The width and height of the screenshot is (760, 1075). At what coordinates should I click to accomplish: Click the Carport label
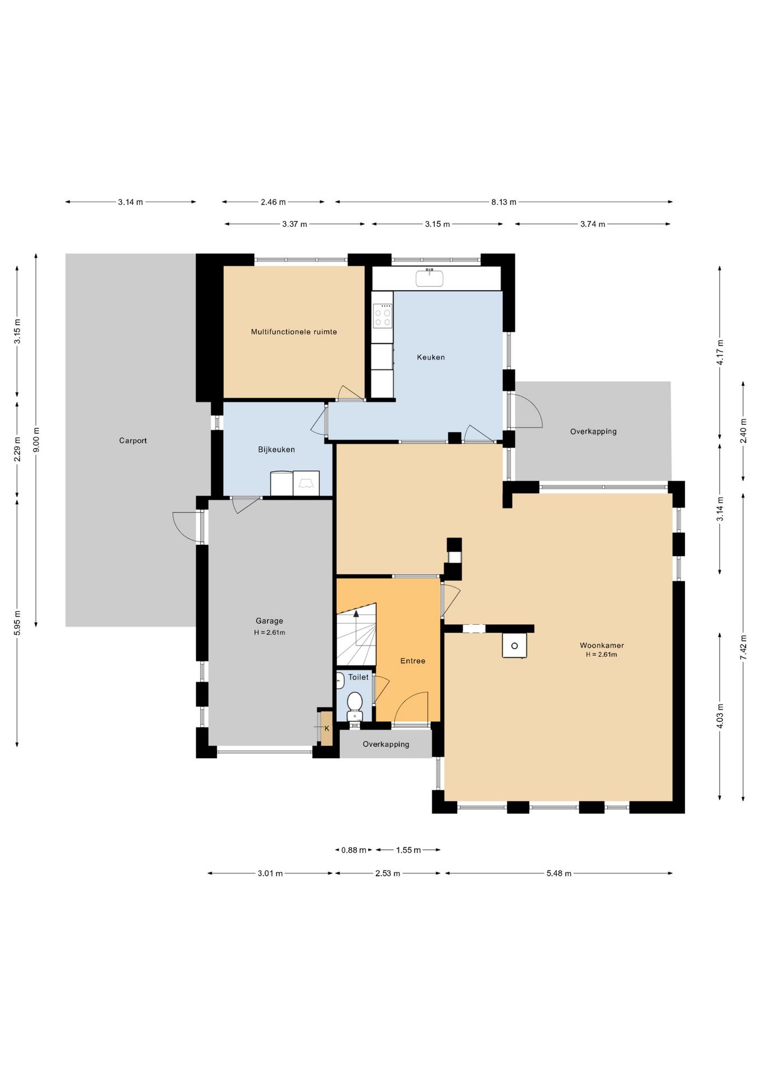click(133, 441)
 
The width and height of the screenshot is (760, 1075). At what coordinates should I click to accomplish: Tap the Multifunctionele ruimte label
click(294, 332)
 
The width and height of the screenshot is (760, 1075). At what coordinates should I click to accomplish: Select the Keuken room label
click(431, 357)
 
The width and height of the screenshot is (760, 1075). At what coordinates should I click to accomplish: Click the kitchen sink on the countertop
click(429, 278)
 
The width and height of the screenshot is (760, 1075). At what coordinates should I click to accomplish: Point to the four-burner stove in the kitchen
click(383, 316)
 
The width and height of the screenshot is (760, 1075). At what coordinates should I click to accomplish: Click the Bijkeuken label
click(276, 450)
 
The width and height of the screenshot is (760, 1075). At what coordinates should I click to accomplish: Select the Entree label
click(413, 661)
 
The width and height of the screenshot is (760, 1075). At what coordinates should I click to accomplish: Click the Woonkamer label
click(602, 646)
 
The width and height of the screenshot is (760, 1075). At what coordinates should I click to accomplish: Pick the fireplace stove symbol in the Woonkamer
click(514, 645)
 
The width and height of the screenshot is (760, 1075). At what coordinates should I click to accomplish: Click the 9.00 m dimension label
click(36, 440)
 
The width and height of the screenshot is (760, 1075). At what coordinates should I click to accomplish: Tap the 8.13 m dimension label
click(504, 202)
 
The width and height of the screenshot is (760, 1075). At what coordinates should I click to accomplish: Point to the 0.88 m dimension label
click(354, 850)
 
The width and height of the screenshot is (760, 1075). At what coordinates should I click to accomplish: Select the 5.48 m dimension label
click(559, 873)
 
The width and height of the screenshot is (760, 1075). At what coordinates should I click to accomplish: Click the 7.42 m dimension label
click(743, 647)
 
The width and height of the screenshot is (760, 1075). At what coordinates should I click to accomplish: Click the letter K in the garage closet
click(327, 728)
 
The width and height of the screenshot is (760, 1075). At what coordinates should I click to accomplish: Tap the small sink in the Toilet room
click(340, 680)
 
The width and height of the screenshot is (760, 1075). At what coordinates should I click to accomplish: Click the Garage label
click(269, 621)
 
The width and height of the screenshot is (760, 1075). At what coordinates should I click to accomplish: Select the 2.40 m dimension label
click(743, 431)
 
